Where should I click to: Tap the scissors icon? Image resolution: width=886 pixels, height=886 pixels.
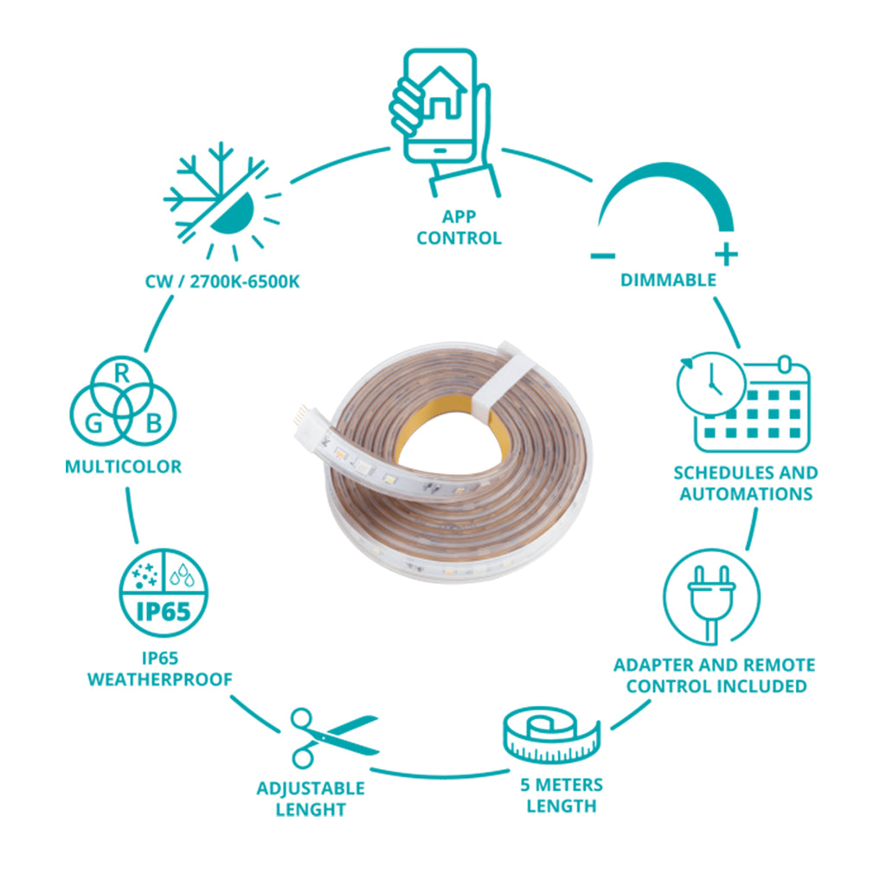coord(333,737)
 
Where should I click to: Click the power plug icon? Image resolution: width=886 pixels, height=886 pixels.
coord(711,597)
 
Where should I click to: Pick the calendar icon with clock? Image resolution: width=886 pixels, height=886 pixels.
coord(743,401)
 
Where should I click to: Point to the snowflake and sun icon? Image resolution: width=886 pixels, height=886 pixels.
coord(221,201)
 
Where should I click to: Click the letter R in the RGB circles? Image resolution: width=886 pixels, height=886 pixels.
coord(122,374)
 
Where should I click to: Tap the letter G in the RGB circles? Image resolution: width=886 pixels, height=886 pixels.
coord(93,423)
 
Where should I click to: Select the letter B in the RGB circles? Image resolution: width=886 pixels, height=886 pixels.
coord(154,423)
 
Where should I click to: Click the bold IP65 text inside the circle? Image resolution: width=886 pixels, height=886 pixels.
coord(164,612)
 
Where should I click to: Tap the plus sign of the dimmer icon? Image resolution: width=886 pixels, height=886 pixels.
coord(726,255)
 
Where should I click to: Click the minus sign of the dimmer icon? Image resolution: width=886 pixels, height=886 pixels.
coord(603,256)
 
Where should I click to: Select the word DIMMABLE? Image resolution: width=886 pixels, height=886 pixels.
coord(668,279)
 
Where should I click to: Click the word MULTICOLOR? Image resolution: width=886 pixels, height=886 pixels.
coord(123,466)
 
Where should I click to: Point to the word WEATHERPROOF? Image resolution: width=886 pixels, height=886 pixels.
coord(160,679)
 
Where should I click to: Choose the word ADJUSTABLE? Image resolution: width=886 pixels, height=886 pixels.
coord(311,788)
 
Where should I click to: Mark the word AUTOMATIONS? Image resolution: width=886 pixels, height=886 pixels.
coord(746,494)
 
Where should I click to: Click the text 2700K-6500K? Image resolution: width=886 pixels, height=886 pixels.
coord(245,281)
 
